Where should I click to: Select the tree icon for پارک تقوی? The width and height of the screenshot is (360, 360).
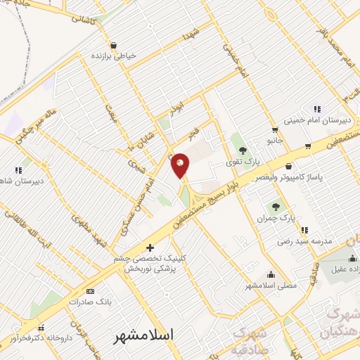(242, 150)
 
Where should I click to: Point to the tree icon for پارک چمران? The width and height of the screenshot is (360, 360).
(276, 207)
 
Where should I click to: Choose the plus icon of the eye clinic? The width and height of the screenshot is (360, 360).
(149, 247)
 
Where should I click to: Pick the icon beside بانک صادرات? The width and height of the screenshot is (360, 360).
(89, 290)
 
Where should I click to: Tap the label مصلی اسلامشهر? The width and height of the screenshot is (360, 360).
(271, 286)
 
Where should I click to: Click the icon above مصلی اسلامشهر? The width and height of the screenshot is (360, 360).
(271, 275)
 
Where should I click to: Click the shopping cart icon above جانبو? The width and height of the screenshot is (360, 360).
(274, 130)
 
